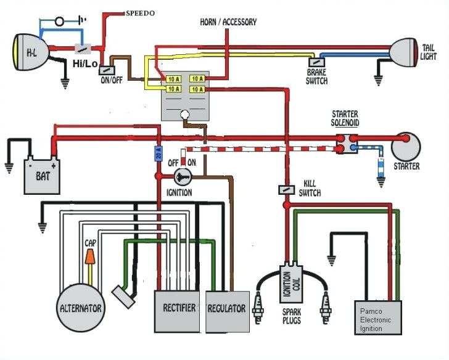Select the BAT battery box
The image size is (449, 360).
(42, 174)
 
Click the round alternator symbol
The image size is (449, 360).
(81, 307)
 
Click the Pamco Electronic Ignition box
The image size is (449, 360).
(376, 317)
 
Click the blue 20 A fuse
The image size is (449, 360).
(158, 153)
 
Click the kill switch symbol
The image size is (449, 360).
(286, 189)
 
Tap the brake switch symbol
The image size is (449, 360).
(316, 62)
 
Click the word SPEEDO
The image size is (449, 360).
(141, 12)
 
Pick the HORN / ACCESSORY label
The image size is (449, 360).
(228, 22)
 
